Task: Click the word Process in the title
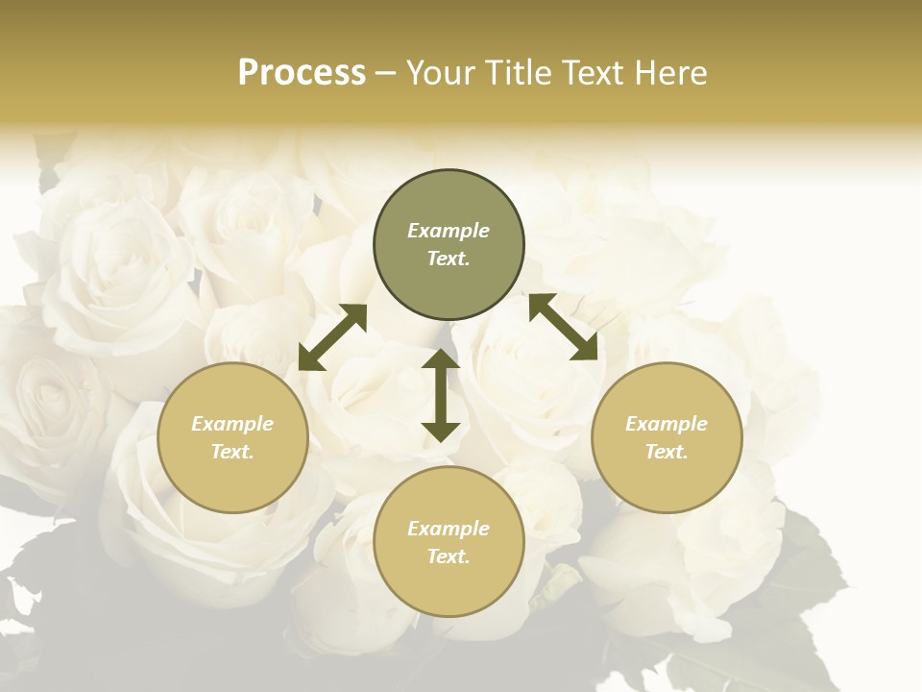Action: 302,73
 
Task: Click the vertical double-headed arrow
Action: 441,395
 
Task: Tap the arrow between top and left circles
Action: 332,337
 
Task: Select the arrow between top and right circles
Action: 563,327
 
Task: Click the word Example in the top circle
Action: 449,231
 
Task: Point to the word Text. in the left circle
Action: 232,452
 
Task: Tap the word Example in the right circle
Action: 667,424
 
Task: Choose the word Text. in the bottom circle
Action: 449,556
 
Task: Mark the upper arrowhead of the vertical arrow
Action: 441,360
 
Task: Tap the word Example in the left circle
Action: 232,424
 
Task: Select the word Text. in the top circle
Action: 449,259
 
